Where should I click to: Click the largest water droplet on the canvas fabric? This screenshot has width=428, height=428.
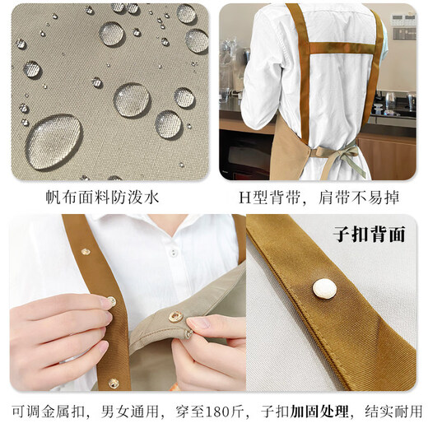53,141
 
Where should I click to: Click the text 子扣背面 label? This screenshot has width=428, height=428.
370,234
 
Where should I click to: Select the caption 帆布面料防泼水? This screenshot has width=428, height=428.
109,197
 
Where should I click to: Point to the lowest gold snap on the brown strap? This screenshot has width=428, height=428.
114,383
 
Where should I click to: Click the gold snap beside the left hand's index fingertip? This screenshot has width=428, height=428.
112,300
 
